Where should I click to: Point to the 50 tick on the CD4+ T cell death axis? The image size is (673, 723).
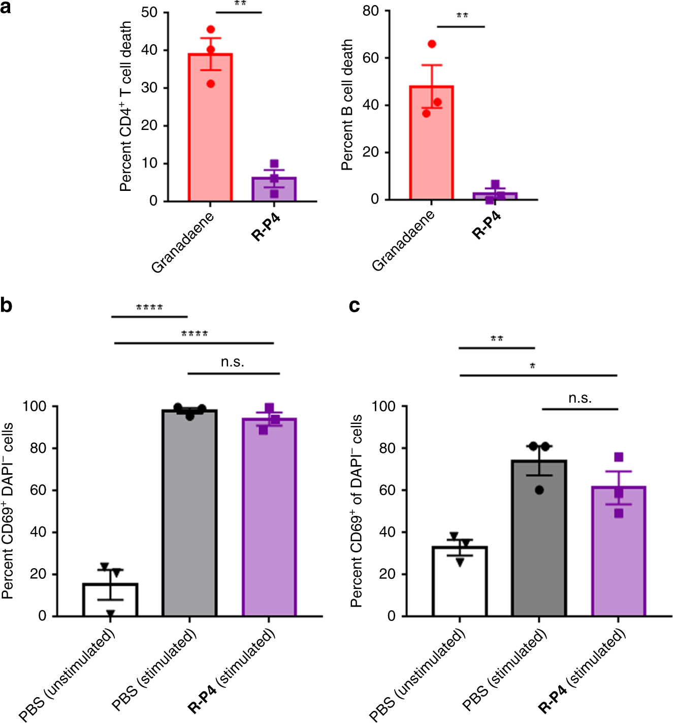click(149, 12)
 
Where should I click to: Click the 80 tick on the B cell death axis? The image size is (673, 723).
click(370, 11)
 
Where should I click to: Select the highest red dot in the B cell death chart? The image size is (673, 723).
click(432, 44)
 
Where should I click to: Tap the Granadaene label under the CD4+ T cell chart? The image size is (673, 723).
click(183, 243)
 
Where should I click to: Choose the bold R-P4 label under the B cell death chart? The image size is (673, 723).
click(486, 225)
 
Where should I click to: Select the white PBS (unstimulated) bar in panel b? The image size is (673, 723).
click(110, 600)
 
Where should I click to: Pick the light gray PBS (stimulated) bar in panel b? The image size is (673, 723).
click(189, 513)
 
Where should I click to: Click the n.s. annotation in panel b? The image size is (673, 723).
click(233, 362)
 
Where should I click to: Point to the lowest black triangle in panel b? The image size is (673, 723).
click(110, 614)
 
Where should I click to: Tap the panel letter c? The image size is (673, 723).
click(355, 306)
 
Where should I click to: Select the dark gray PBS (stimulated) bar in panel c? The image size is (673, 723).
click(539, 538)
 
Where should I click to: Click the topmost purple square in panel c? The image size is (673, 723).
click(619, 457)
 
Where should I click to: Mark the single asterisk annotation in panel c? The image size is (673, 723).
click(532, 366)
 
